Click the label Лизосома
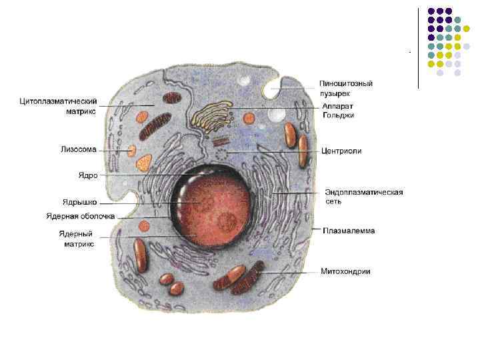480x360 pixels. (x=79, y=151)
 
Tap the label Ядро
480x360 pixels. (x=88, y=175)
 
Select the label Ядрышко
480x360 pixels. (x=80, y=201)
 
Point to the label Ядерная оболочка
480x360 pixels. (x=80, y=216)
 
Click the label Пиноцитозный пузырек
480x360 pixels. (x=345, y=88)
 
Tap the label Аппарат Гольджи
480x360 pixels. (x=338, y=111)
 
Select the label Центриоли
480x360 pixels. (x=341, y=151)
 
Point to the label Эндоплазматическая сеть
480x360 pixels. (x=364, y=196)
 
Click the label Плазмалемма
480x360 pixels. (x=349, y=231)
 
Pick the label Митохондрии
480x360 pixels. (x=345, y=271)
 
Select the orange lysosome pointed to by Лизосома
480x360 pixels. (x=132, y=151)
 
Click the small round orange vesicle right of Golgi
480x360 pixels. (x=249, y=119)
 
